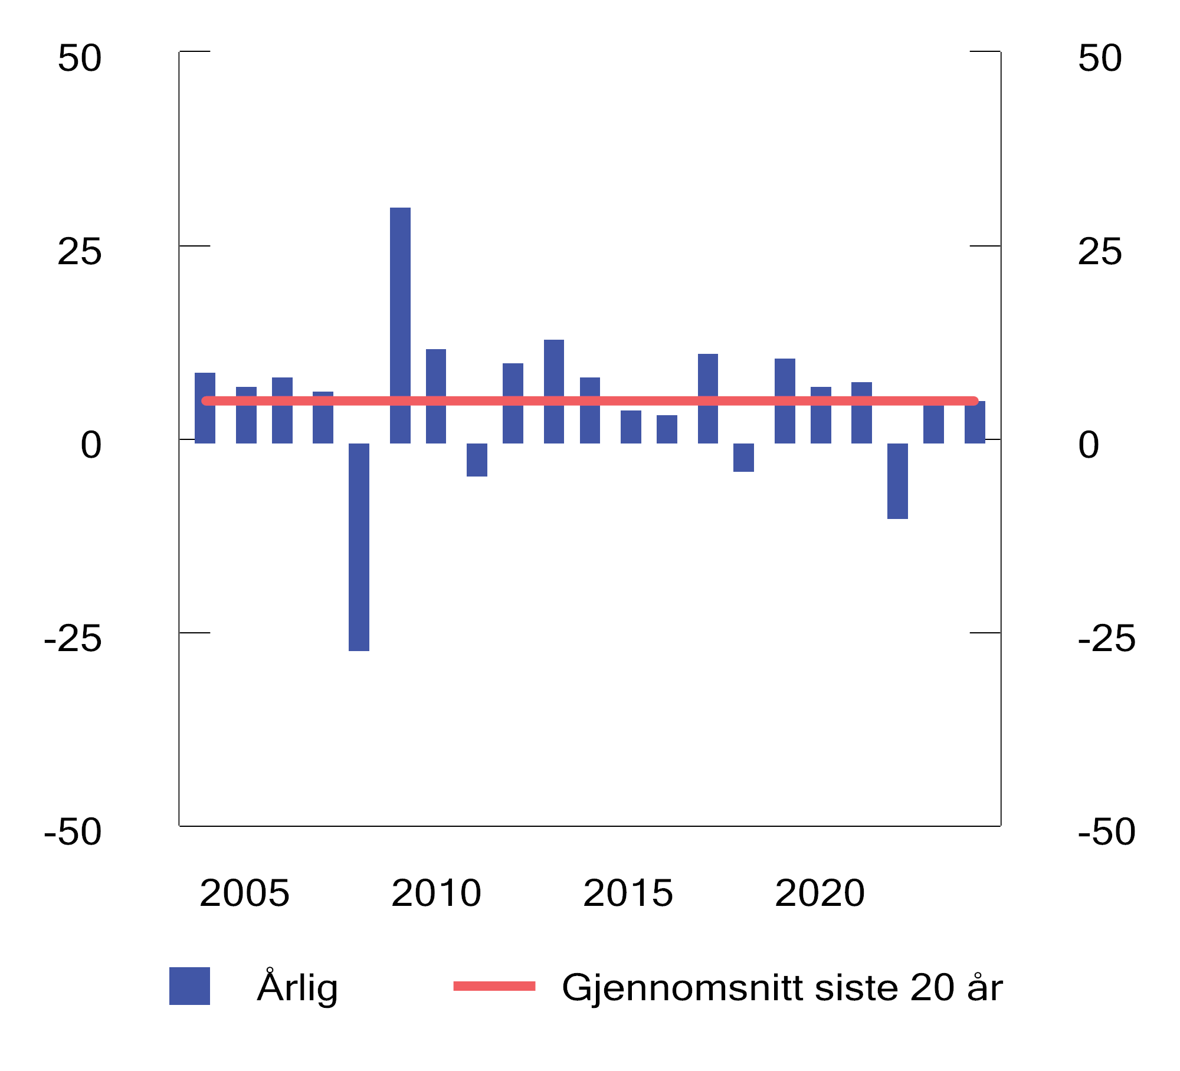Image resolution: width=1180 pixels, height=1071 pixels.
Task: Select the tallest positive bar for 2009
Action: tap(400, 324)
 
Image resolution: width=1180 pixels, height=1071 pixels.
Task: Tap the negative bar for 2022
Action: tap(897, 481)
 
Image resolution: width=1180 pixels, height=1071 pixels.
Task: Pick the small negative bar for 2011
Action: tap(477, 459)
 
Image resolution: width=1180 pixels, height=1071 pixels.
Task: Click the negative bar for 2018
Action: tap(743, 457)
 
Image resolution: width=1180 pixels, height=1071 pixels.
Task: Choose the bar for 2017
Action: tap(707, 398)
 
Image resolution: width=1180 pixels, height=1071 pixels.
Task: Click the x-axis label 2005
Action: tap(244, 892)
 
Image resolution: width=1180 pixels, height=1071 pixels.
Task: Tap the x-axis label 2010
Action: tap(436, 892)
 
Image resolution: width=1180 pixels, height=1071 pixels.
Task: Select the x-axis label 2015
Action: tap(628, 892)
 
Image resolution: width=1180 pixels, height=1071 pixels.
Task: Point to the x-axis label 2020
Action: tap(820, 892)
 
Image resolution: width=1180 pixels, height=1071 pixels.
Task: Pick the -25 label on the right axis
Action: tap(1106, 639)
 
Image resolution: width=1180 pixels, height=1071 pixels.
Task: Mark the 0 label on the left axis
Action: tap(91, 445)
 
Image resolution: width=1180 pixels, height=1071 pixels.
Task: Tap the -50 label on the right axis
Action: tap(1106, 832)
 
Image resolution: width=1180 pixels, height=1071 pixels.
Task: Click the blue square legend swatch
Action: tap(189, 985)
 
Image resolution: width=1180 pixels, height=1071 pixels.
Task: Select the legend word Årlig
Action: tap(297, 987)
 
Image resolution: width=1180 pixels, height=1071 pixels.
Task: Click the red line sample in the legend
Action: tap(494, 985)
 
